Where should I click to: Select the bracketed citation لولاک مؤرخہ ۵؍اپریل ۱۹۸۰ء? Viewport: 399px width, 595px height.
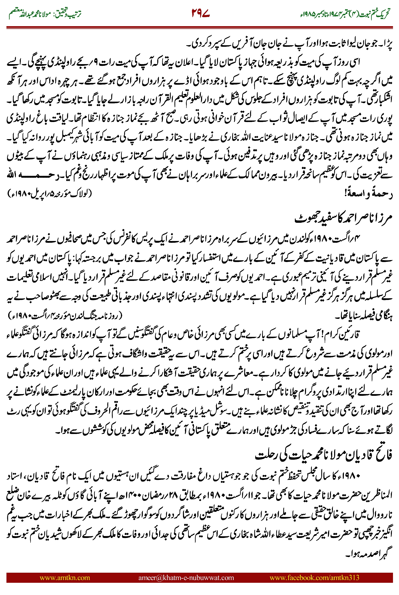(50, 194)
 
